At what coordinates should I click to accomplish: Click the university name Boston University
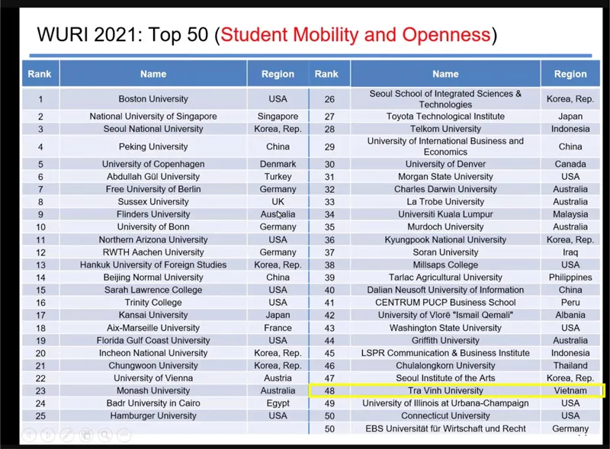point(152,99)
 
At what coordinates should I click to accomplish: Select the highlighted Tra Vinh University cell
point(445,391)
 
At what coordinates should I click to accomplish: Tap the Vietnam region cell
point(570,391)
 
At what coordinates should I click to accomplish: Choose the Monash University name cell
point(152,391)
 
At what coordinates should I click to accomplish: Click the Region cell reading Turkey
point(278,177)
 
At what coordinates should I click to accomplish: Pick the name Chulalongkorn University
point(445,366)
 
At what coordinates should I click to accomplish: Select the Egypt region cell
point(278,403)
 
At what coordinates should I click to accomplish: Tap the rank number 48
point(329,391)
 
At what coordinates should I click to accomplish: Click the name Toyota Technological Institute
point(445,117)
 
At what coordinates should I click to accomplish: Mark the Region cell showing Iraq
point(570,252)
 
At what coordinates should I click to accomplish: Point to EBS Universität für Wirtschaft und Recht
point(445,429)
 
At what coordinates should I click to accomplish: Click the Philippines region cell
point(570,277)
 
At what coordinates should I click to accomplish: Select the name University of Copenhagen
point(152,164)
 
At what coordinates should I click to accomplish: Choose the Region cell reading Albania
point(570,316)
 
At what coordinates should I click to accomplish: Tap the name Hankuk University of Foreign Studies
point(152,265)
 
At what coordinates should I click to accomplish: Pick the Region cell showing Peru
point(570,303)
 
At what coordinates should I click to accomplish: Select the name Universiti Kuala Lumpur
point(445,214)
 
